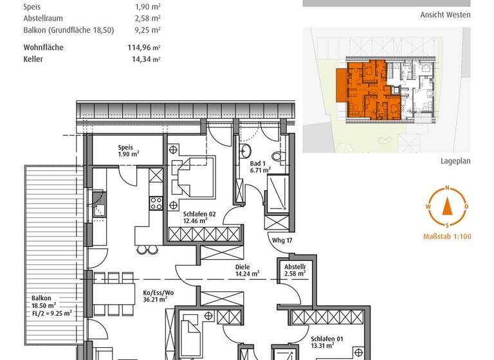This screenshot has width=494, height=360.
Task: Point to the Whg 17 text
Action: (x=283, y=241)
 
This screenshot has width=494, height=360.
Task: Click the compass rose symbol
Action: (x=446, y=206)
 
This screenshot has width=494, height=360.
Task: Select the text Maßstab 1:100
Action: (x=447, y=237)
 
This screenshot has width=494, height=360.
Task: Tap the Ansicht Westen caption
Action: (x=445, y=14)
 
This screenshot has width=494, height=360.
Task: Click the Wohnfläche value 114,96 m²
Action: (x=145, y=47)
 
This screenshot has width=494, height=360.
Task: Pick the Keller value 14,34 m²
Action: (x=145, y=59)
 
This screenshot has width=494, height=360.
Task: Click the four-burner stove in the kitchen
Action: (x=156, y=203)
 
